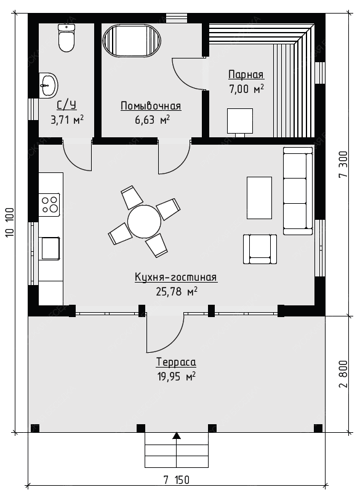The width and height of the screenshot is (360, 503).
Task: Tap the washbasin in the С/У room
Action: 49,85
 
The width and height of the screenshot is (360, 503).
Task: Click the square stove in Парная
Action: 240,121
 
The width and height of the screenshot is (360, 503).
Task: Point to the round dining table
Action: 144,222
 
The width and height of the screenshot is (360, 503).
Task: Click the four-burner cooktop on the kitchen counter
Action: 49,204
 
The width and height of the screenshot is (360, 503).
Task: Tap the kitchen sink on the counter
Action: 49,248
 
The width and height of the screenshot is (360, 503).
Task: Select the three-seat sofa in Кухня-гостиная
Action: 298,191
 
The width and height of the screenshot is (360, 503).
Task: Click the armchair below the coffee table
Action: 260,249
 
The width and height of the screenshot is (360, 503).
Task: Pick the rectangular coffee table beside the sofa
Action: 259,198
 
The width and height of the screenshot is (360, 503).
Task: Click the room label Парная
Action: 246,74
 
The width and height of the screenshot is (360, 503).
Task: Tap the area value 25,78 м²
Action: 177,291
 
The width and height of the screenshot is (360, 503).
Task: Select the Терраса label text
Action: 176,362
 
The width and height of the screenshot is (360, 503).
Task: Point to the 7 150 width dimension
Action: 177,480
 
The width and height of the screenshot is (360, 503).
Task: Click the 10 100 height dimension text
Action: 10,223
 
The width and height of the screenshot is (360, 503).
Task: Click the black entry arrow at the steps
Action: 177,435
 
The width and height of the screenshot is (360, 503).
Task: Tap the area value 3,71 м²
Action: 67,120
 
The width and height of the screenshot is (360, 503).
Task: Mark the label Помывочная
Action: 151,106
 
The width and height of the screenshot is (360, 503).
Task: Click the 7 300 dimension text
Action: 343,164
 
